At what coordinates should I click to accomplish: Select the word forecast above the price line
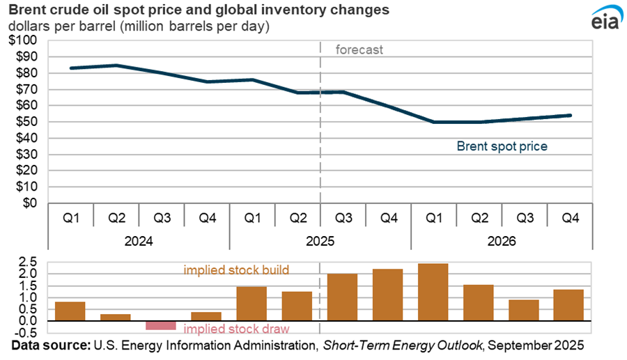coord(359,49)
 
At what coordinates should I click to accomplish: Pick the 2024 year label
coord(139,242)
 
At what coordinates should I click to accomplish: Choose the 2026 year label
coord(501,242)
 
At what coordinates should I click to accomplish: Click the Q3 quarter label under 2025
coord(343,218)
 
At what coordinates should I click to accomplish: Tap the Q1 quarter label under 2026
coord(433,218)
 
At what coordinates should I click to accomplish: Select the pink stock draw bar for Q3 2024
coord(161,325)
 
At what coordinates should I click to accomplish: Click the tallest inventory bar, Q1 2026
coord(433,292)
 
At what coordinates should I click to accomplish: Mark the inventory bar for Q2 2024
coord(116,318)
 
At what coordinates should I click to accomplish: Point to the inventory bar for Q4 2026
coord(569,305)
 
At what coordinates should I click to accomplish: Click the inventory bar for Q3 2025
coord(343,297)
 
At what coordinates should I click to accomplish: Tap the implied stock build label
coord(236,269)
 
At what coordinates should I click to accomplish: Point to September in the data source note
coord(526,345)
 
